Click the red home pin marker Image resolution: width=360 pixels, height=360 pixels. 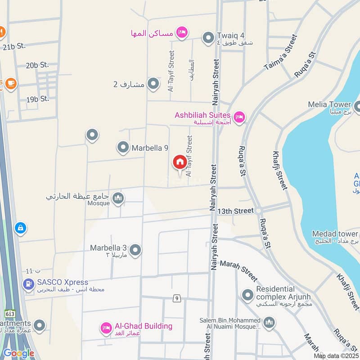pyautogui.click(x=180, y=162)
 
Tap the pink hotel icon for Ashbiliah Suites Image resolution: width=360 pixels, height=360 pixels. pyautogui.click(x=239, y=117)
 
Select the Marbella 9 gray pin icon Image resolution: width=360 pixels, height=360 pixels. pyautogui.click(x=122, y=147)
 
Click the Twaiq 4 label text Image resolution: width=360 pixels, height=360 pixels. pyautogui.click(x=231, y=35)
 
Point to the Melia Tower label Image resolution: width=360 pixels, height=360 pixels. pyautogui.click(x=329, y=104)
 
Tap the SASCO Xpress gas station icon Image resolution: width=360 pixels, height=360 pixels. pyautogui.click(x=28, y=284)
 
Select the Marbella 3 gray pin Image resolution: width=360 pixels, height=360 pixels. pyautogui.click(x=135, y=250)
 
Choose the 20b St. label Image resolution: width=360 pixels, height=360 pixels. pyautogui.click(x=37, y=65)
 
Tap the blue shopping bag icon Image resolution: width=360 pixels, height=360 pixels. pyautogui.click(x=20, y=228)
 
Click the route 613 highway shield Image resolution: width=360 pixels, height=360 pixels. pyautogui.click(x=9, y=312)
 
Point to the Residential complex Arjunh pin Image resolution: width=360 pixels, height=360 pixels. pyautogui.click(x=247, y=295)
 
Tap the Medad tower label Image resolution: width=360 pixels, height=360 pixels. pyautogui.click(x=335, y=234)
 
